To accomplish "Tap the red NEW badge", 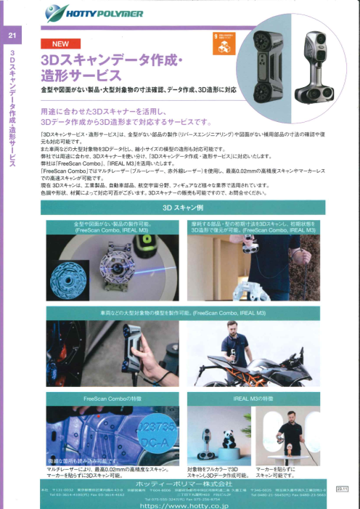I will click(x=59, y=43).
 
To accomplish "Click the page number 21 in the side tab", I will click(x=11, y=36).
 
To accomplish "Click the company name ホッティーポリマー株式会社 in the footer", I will click(x=179, y=482).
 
